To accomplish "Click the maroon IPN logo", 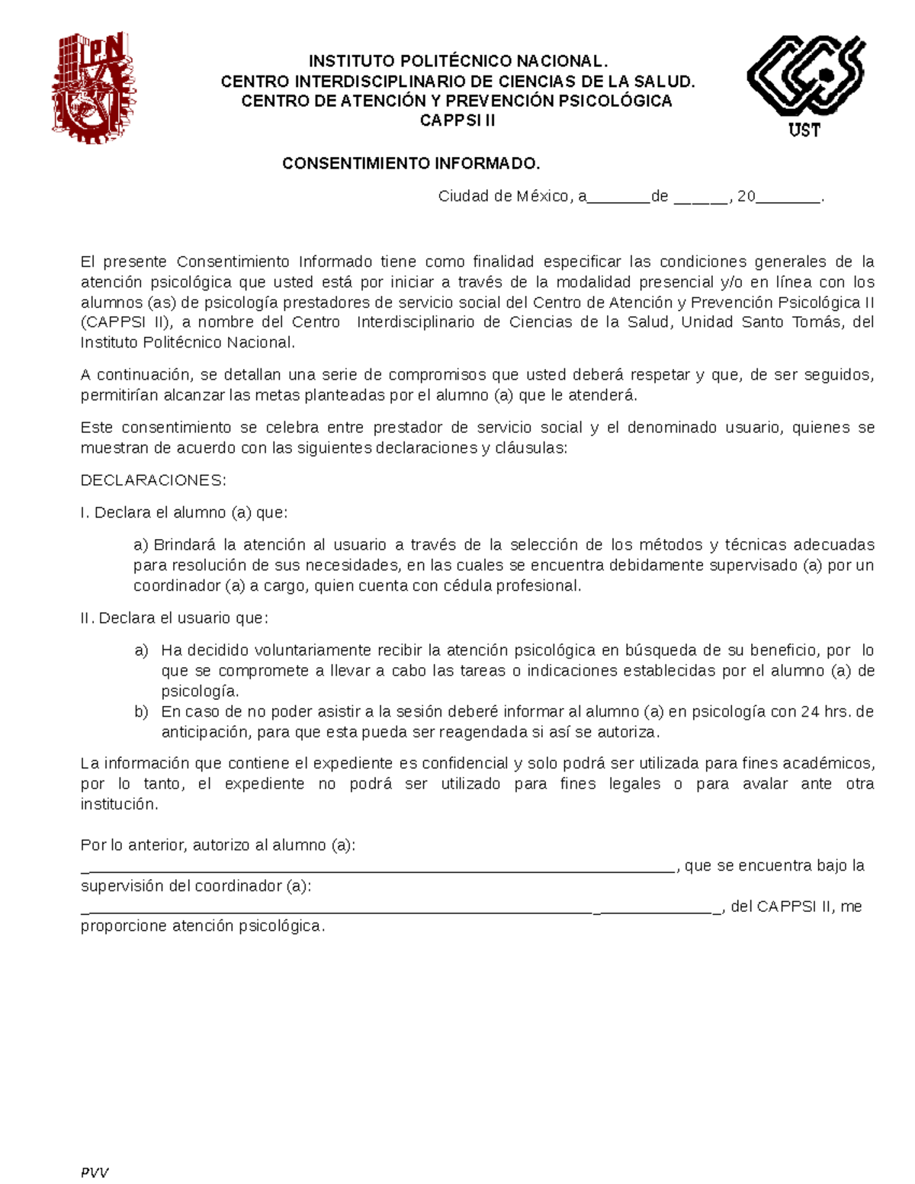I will pos(94,88).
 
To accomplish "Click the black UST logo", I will pos(805,85).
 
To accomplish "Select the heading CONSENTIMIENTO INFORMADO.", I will pos(410,164).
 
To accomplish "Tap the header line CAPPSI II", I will pos(457,120).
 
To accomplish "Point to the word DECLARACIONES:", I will pos(153,480).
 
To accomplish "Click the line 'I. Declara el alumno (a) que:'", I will pos(184,513).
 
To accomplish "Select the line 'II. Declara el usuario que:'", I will pos(174,618).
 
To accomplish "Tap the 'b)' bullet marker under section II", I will pos(141,712).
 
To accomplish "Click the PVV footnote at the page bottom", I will pos(95,1173).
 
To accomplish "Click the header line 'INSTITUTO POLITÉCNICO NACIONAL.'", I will pos(457,61).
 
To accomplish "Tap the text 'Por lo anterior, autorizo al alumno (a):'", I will pos(218,845).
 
